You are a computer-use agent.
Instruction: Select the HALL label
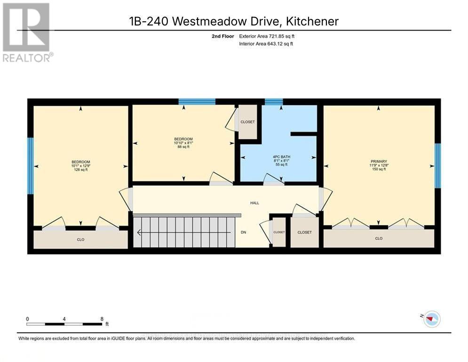[254, 203]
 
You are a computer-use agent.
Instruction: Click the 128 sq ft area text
[80, 170]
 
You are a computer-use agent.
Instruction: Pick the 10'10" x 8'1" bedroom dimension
[183, 143]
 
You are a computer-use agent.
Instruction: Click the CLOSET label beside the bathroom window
[247, 122]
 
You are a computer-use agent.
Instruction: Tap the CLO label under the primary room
[379, 239]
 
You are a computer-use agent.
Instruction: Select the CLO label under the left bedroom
[80, 239]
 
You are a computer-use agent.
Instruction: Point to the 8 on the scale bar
[102, 319]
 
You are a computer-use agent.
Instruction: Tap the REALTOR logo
[27, 33]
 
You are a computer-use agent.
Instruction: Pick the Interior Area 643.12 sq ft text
[266, 44]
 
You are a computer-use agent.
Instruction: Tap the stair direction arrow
[140, 232]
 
